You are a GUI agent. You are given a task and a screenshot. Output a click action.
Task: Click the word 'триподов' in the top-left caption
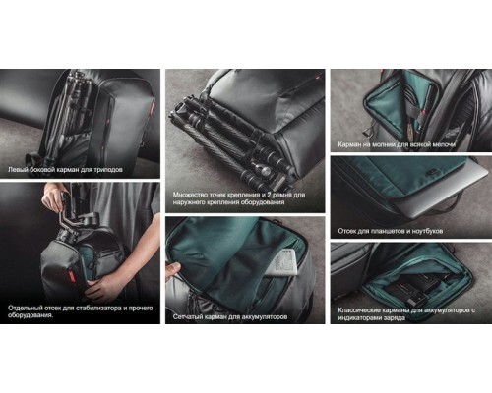108,170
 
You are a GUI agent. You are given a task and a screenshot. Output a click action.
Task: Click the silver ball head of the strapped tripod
268,170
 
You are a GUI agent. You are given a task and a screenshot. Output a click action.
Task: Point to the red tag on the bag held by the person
69,273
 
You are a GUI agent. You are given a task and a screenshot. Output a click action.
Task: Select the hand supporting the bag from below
101,286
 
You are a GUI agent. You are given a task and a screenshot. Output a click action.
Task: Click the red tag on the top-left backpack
152,109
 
